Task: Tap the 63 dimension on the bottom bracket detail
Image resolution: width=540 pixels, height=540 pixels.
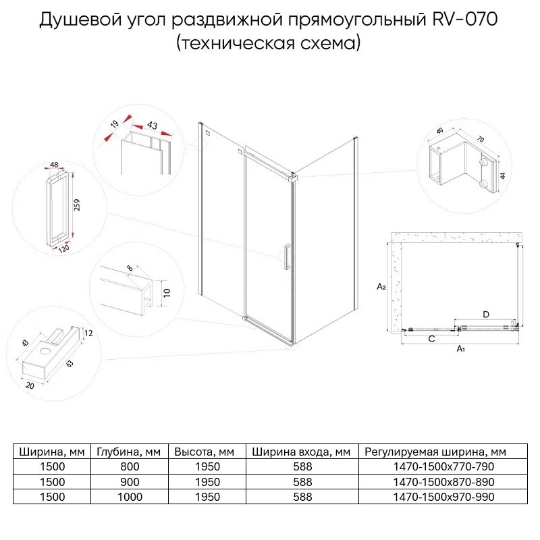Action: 70,364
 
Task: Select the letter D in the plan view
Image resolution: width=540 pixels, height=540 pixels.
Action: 485,314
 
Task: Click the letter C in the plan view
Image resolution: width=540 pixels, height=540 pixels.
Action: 431,340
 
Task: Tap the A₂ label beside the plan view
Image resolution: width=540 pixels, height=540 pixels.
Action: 381,286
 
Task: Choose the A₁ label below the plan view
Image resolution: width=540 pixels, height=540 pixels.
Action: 461,349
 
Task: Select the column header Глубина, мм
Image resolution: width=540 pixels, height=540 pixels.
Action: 128,452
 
